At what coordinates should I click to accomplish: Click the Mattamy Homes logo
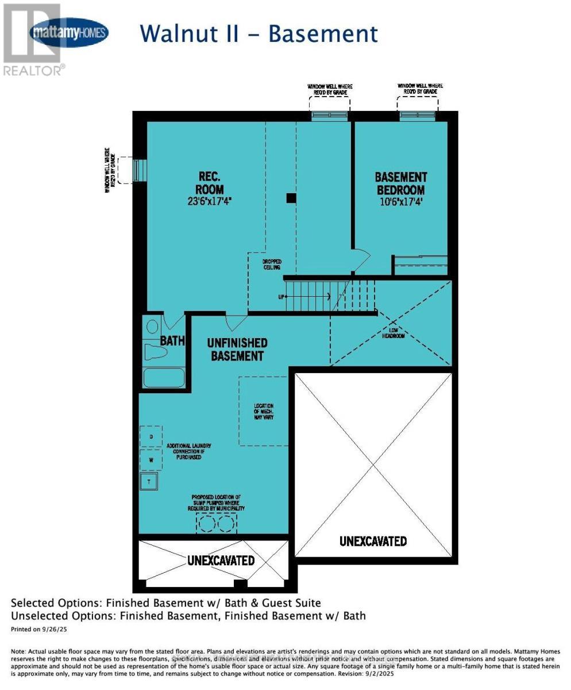click(x=69, y=32)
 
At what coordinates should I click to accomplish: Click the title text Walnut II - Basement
click(x=259, y=33)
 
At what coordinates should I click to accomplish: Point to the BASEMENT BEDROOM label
click(x=400, y=183)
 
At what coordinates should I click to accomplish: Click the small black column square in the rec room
click(x=291, y=198)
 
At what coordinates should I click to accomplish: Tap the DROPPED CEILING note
click(x=272, y=264)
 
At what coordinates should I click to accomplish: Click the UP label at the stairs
click(x=280, y=297)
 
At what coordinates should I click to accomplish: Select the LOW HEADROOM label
click(x=393, y=333)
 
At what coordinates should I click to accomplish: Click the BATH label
click(x=172, y=340)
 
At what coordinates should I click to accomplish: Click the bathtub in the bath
click(x=164, y=378)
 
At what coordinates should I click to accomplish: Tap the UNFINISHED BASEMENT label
click(x=237, y=350)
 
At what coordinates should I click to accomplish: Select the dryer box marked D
click(x=151, y=436)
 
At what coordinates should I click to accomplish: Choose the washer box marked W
click(x=151, y=459)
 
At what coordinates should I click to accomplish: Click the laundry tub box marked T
click(x=149, y=482)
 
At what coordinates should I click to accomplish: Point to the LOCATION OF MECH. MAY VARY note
click(x=264, y=411)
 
